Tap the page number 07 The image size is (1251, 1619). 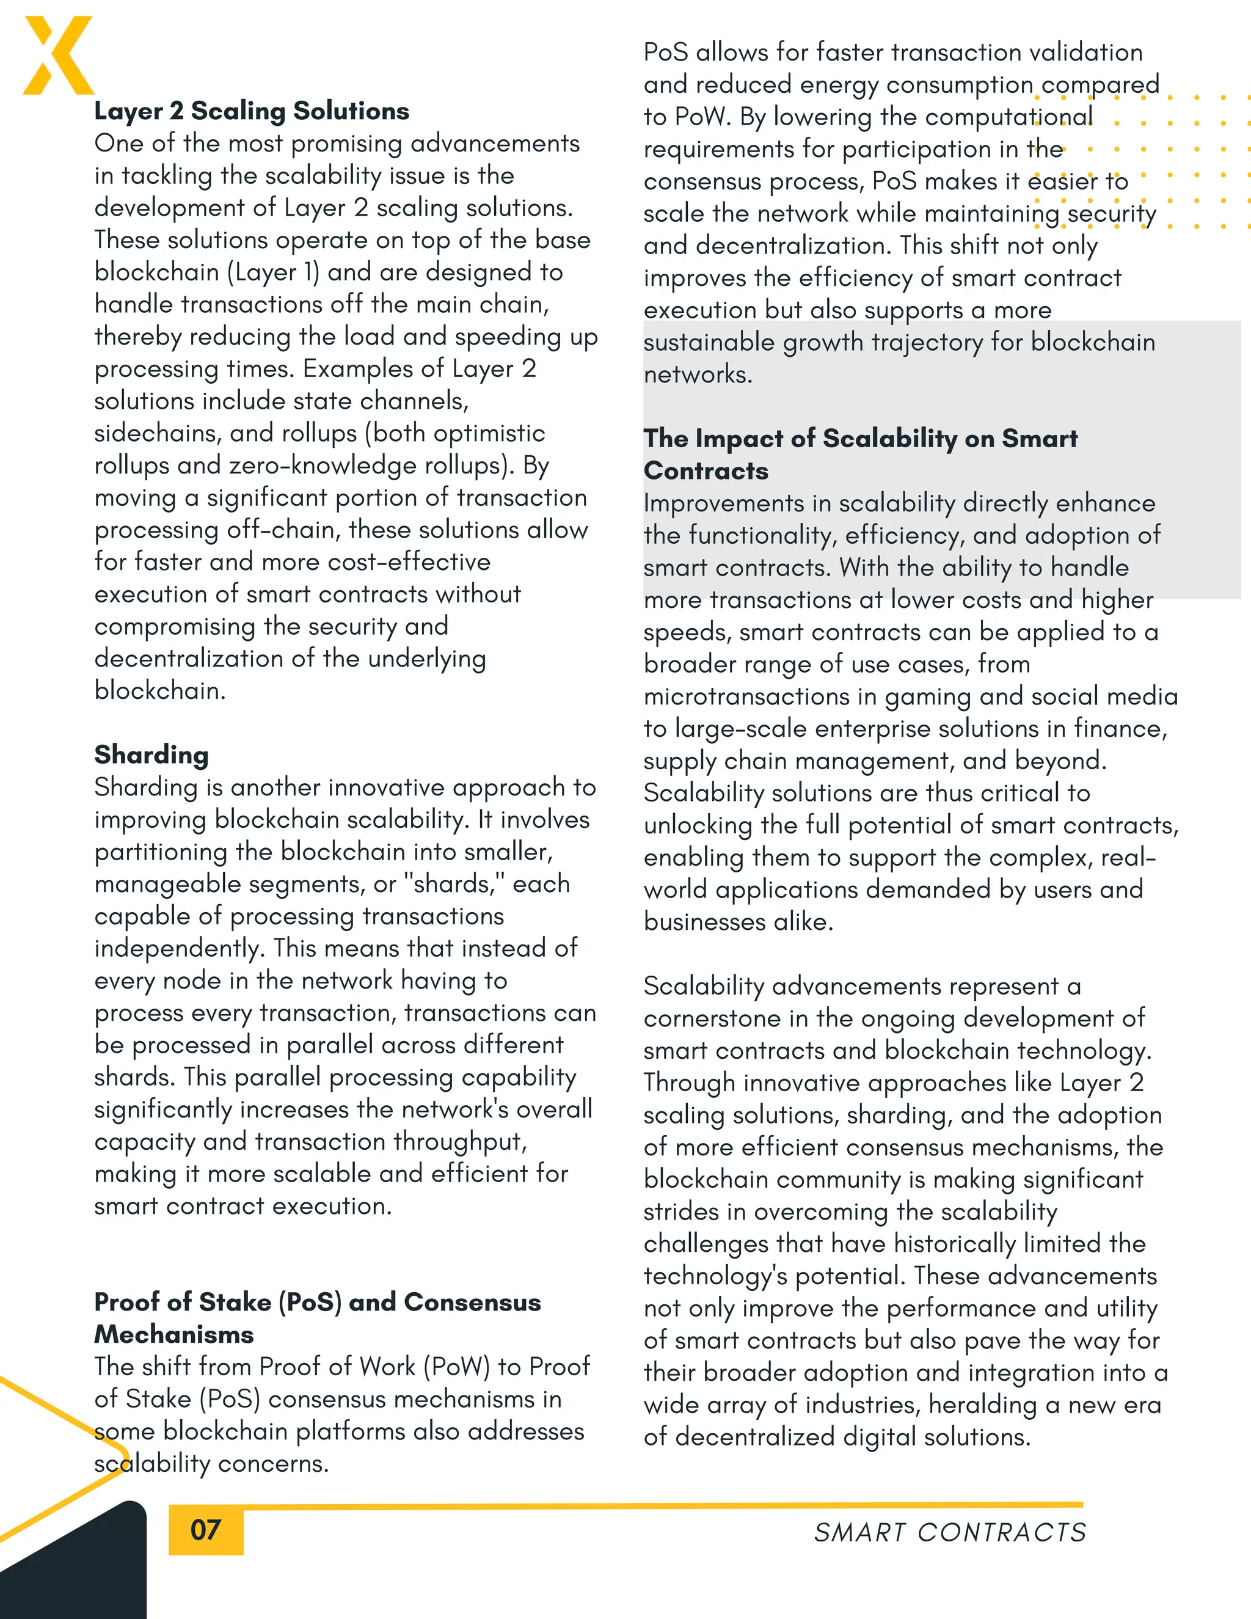pos(205,1529)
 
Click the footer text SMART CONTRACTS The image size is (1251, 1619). pos(949,1532)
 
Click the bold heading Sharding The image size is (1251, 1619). pos(151,755)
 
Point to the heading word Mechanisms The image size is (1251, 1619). pos(173,1334)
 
